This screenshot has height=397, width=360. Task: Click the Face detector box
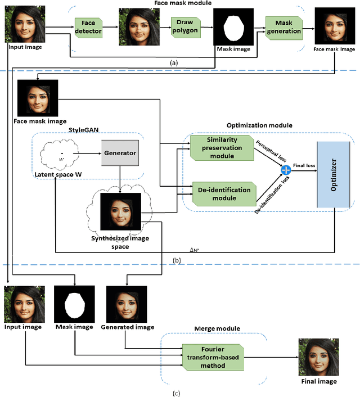click(x=89, y=27)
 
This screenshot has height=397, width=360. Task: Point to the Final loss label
click(x=303, y=165)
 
